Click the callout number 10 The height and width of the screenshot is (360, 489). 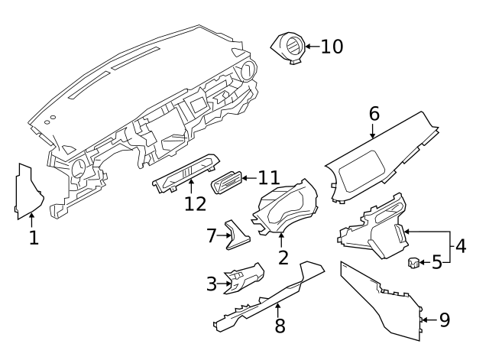pos(332,47)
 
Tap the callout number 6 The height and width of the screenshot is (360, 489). pos(374,113)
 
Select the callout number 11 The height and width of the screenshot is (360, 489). pos(268,178)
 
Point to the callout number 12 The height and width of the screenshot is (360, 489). pos(195,203)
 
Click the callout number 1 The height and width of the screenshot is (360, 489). pos(33,238)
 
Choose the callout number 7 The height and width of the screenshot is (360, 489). pos(212,235)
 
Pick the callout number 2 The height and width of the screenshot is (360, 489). pos(283,257)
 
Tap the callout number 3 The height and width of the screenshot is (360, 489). pos(212,284)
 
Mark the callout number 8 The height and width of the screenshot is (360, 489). pos(280,326)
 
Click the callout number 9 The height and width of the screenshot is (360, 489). pos(444,319)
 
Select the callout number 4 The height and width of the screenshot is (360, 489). pos(461,246)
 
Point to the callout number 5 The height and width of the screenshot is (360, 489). pos(437,263)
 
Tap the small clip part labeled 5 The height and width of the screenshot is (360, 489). pos(413,263)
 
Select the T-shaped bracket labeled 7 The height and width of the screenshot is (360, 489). pos(235,235)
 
